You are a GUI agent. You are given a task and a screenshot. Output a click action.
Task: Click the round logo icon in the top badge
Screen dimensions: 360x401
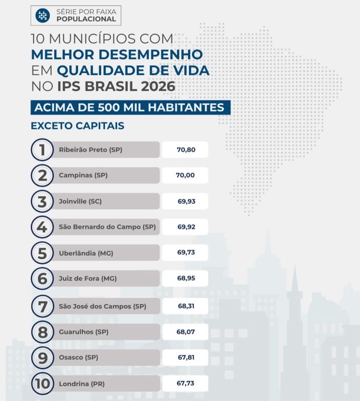pyautogui.click(x=43, y=16)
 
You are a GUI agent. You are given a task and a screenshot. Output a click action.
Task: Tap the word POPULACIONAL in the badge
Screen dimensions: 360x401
pyautogui.click(x=86, y=19)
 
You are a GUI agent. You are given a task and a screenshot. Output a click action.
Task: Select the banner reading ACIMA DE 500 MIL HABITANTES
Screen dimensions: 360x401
pyautogui.click(x=130, y=107)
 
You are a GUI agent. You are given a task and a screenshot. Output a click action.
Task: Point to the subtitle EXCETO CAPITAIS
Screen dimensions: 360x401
pyautogui.click(x=77, y=126)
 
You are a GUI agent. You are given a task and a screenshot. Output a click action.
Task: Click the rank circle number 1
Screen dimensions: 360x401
pyautogui.click(x=42, y=150)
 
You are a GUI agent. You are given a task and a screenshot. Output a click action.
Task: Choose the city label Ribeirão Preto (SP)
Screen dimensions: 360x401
pyautogui.click(x=90, y=150)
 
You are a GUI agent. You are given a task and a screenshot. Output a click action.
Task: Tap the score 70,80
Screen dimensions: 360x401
pyautogui.click(x=186, y=150)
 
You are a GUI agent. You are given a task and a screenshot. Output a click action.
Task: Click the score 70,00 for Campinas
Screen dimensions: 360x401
pyautogui.click(x=185, y=175)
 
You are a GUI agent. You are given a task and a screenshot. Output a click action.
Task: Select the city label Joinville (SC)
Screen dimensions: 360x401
pyautogui.click(x=81, y=201)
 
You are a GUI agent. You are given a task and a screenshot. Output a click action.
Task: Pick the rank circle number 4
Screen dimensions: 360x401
pyautogui.click(x=42, y=227)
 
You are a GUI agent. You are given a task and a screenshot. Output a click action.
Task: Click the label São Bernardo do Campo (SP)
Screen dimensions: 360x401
pyautogui.click(x=107, y=227)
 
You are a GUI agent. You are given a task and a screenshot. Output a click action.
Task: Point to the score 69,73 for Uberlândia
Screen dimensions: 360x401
pyautogui.click(x=186, y=252)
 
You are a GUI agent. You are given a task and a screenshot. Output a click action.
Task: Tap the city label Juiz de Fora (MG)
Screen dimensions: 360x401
pyautogui.click(x=88, y=278)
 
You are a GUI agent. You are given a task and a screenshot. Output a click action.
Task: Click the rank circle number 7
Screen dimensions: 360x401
pyautogui.click(x=42, y=307)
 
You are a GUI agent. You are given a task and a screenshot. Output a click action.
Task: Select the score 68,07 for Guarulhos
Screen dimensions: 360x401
pyautogui.click(x=186, y=332)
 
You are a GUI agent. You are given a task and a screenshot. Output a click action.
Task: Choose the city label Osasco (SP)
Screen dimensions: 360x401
pyautogui.click(x=79, y=357)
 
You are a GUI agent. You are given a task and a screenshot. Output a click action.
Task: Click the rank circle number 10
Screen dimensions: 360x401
pyautogui.click(x=42, y=383)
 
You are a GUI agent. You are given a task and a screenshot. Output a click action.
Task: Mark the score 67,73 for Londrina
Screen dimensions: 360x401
pyautogui.click(x=185, y=383)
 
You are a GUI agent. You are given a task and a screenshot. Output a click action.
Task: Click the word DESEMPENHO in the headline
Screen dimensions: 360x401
pyautogui.click(x=151, y=54)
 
